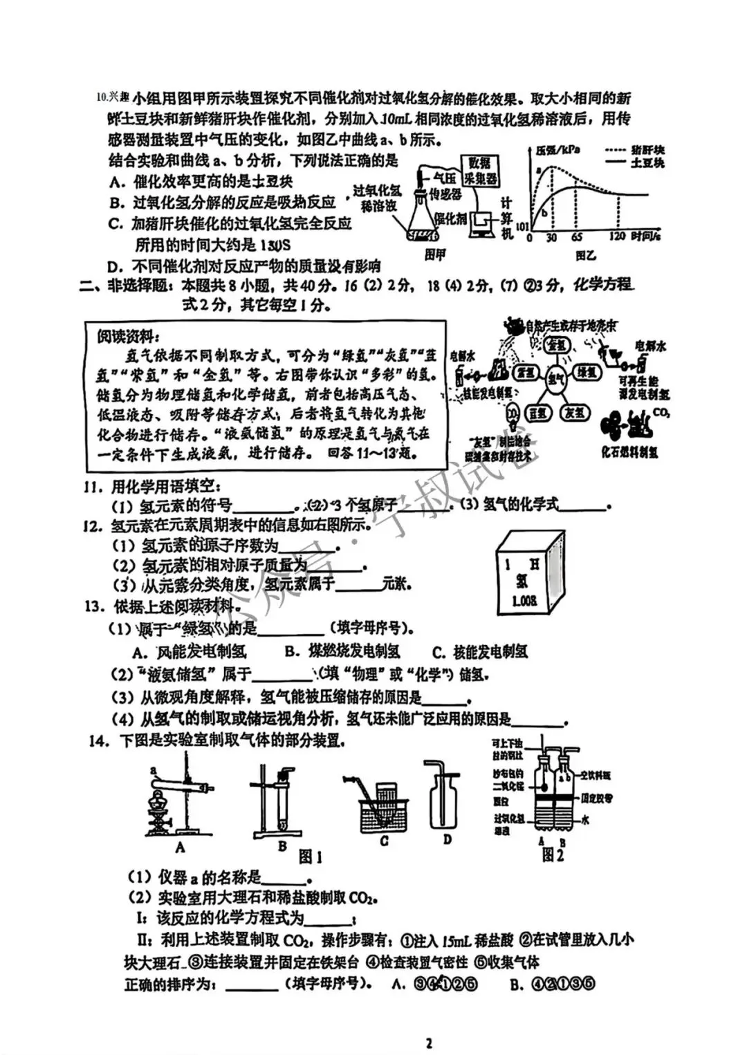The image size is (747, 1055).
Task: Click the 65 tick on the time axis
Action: pyautogui.click(x=576, y=237)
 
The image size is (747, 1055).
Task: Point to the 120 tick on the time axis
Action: pyautogui.click(x=618, y=237)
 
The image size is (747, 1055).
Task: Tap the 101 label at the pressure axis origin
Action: pyautogui.click(x=522, y=227)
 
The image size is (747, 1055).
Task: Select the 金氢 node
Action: pyautogui.click(x=554, y=344)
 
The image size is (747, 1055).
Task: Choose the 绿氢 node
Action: pyautogui.click(x=587, y=373)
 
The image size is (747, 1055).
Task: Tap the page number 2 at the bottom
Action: pyautogui.click(x=429, y=1043)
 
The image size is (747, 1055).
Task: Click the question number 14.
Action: pyautogui.click(x=99, y=741)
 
